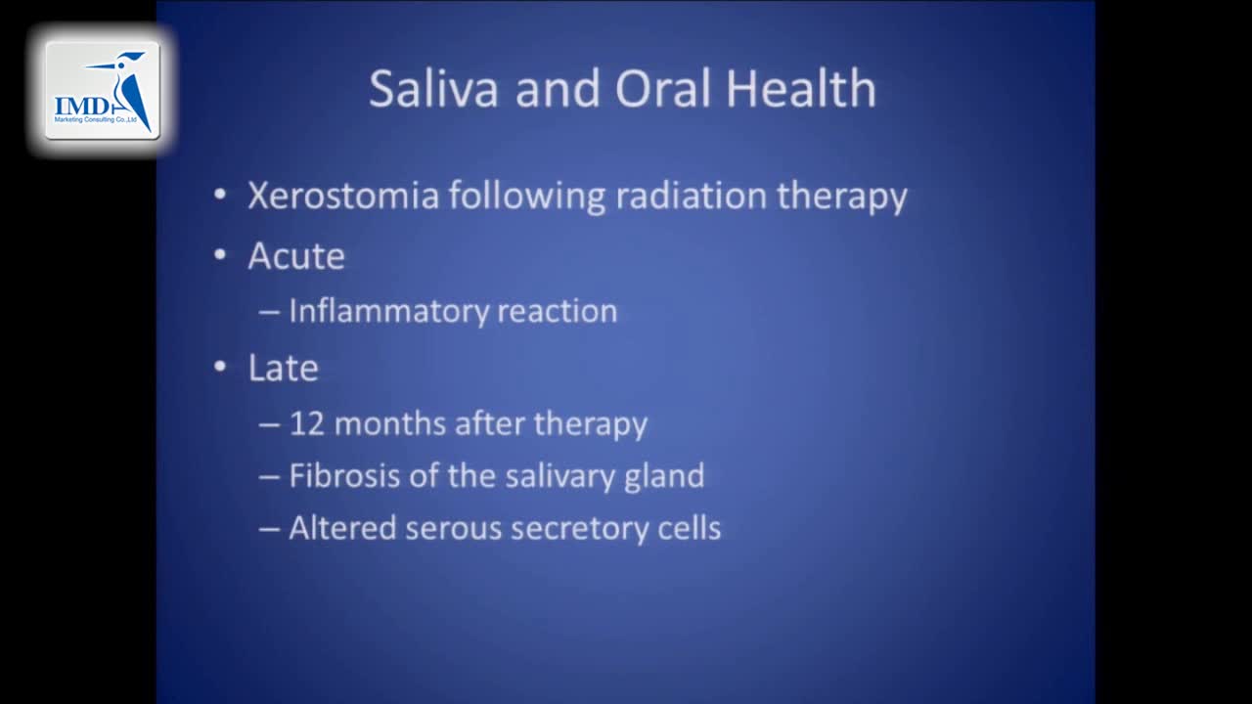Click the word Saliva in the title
[x=435, y=89]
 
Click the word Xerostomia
[x=342, y=196]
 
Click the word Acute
[x=295, y=256]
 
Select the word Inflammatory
[x=388, y=312]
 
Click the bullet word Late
[x=283, y=369]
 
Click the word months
[x=391, y=424]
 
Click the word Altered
[x=342, y=528]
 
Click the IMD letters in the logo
[x=82, y=107]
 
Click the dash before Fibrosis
[x=269, y=477]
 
